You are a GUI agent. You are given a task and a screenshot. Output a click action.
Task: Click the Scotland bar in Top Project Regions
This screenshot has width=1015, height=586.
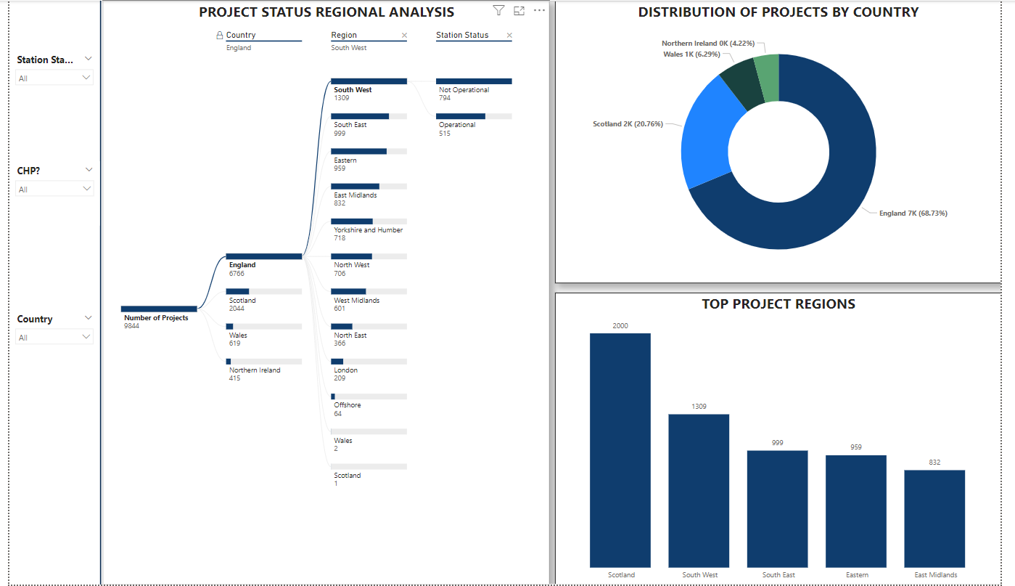620,450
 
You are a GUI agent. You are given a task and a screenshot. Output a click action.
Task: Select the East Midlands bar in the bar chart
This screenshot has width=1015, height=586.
934,518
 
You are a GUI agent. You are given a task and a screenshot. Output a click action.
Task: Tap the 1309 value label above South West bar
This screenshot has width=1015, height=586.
699,407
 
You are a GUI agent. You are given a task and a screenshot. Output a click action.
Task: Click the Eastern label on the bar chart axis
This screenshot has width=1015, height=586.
856,575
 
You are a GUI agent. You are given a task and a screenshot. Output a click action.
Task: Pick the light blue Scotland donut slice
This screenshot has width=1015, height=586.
707,134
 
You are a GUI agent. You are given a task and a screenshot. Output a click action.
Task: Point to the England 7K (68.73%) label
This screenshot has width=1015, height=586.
913,213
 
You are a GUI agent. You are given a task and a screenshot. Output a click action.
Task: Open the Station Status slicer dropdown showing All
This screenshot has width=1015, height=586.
54,78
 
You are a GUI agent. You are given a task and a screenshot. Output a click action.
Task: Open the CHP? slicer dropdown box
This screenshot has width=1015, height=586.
54,189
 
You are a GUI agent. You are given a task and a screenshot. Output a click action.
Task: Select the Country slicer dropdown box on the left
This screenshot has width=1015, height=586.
54,337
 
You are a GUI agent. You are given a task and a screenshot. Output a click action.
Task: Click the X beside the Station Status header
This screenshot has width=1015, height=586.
509,36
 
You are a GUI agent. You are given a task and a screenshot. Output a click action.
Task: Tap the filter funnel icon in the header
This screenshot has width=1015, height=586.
498,10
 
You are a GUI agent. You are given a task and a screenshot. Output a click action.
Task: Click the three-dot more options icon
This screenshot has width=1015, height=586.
539,10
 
